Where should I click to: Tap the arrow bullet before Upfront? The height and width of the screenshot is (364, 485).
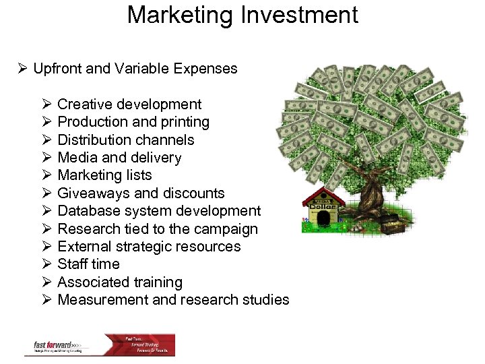pos(22,69)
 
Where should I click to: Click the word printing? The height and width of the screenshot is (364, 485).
pos(185,123)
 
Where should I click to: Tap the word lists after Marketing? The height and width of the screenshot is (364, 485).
pos(139,176)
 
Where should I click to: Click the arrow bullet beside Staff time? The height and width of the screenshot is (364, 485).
pos(46,264)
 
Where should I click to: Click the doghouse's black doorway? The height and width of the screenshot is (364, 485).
pos(323,218)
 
